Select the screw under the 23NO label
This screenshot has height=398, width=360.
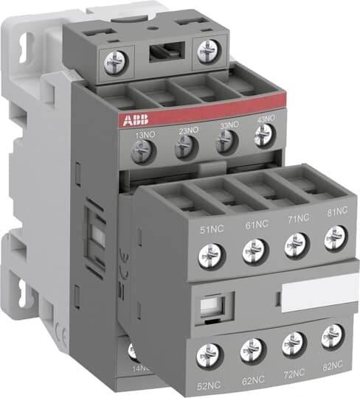184,148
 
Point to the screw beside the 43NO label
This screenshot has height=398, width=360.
262,135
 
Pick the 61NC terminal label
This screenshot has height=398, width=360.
255,225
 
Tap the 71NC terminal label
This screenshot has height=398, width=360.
296,220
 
